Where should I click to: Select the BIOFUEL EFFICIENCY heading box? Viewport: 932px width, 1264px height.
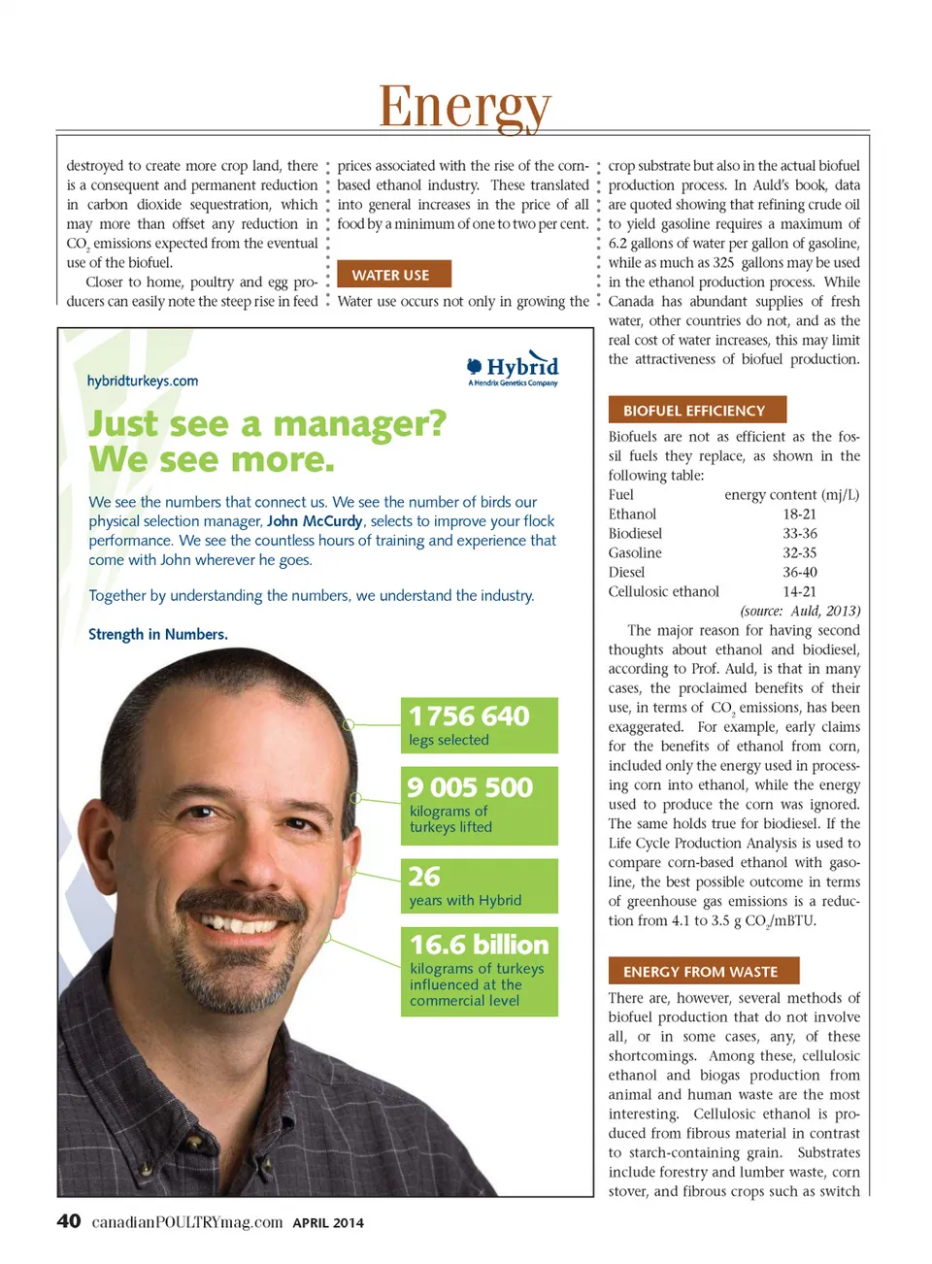coord(696,411)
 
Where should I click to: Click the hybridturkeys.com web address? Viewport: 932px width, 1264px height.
coord(143,381)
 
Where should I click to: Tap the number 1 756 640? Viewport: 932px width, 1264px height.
coord(469,716)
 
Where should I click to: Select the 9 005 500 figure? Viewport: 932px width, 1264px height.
coord(470,787)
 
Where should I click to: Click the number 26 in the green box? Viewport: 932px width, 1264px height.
coord(424,877)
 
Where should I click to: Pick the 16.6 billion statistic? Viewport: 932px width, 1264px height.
coord(479,945)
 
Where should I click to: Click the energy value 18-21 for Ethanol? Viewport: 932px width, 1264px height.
coord(799,515)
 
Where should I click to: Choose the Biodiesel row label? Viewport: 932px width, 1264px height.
coord(635,534)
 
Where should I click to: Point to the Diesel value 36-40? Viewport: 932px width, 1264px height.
coord(799,573)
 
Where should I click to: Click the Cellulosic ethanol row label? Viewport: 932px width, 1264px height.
coord(664,592)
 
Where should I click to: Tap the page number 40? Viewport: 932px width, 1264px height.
coord(69,1221)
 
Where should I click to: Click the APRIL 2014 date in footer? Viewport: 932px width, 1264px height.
coord(328,1223)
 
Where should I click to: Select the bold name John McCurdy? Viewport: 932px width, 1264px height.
coord(314,521)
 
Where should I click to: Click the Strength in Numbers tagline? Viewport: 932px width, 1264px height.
coord(158,634)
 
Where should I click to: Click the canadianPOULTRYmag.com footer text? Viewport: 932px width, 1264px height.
coord(187,1222)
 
